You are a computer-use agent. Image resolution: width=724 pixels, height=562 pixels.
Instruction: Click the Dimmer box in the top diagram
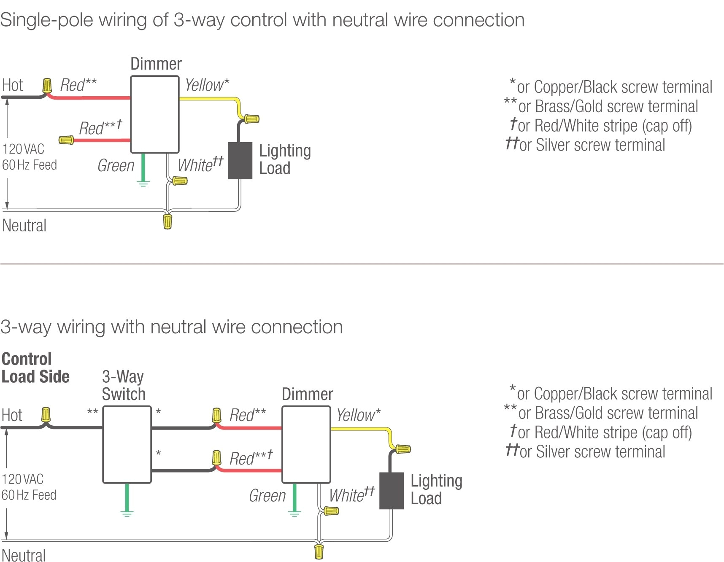pos(154,114)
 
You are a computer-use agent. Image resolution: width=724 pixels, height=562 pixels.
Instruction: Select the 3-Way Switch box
pos(127,444)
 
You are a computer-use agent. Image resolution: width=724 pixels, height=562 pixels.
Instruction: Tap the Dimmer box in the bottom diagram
pos(306,444)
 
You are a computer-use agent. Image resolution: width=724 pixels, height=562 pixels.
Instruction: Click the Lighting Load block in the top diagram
pos(240,161)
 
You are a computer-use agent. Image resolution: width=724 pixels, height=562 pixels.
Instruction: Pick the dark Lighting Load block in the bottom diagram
pos(392,491)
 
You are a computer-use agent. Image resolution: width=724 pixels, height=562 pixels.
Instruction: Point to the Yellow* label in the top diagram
pos(207,85)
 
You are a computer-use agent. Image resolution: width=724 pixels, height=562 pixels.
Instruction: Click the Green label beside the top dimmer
pos(116,165)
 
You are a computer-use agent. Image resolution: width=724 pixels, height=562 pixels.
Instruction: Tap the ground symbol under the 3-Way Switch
pos(127,513)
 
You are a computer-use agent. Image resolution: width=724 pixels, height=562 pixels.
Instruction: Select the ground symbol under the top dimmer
pos(143,183)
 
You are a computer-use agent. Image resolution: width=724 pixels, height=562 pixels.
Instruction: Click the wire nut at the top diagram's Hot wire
pos(47,86)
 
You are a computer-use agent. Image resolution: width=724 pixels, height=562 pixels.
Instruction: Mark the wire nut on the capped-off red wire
pos(66,140)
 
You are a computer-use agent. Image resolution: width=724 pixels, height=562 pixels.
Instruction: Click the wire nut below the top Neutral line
pos(167,221)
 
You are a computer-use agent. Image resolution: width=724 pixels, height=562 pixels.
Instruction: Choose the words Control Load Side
pos(35,368)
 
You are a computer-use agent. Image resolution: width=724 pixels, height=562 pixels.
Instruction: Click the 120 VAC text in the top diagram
pos(23,149)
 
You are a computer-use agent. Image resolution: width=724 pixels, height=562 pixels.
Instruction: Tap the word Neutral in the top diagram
pos(24,226)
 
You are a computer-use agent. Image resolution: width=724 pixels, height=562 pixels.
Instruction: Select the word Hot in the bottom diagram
pos(12,415)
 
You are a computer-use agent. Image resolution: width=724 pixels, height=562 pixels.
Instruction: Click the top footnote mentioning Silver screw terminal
pos(585,145)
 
